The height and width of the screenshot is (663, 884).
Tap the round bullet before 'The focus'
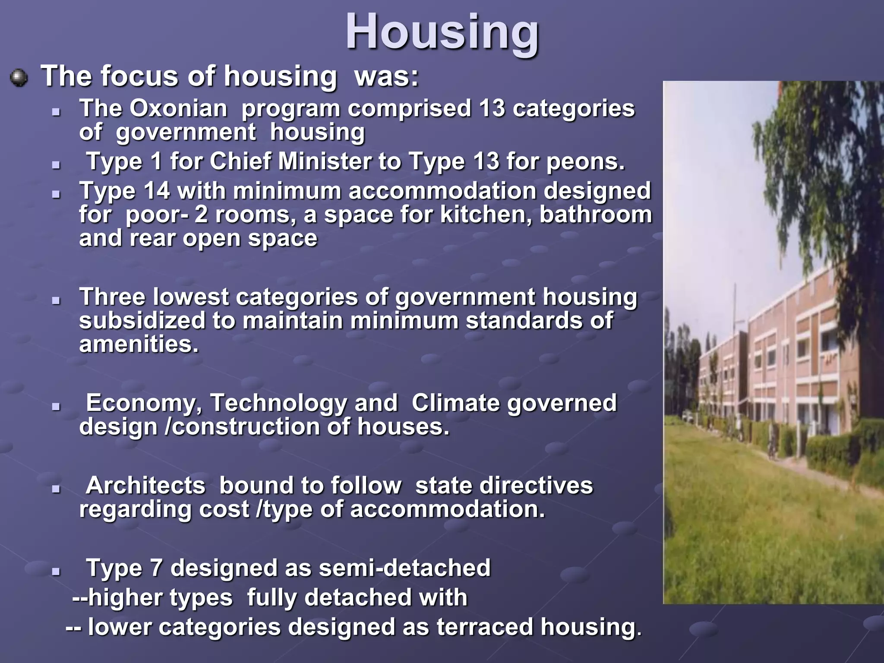click(19, 78)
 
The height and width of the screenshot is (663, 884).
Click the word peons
click(585, 162)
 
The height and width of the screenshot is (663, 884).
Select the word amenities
click(139, 344)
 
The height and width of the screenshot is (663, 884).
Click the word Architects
click(145, 486)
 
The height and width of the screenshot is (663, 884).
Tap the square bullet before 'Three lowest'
click(56, 300)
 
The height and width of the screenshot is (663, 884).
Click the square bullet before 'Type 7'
click(56, 571)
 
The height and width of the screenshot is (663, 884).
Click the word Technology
click(278, 404)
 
